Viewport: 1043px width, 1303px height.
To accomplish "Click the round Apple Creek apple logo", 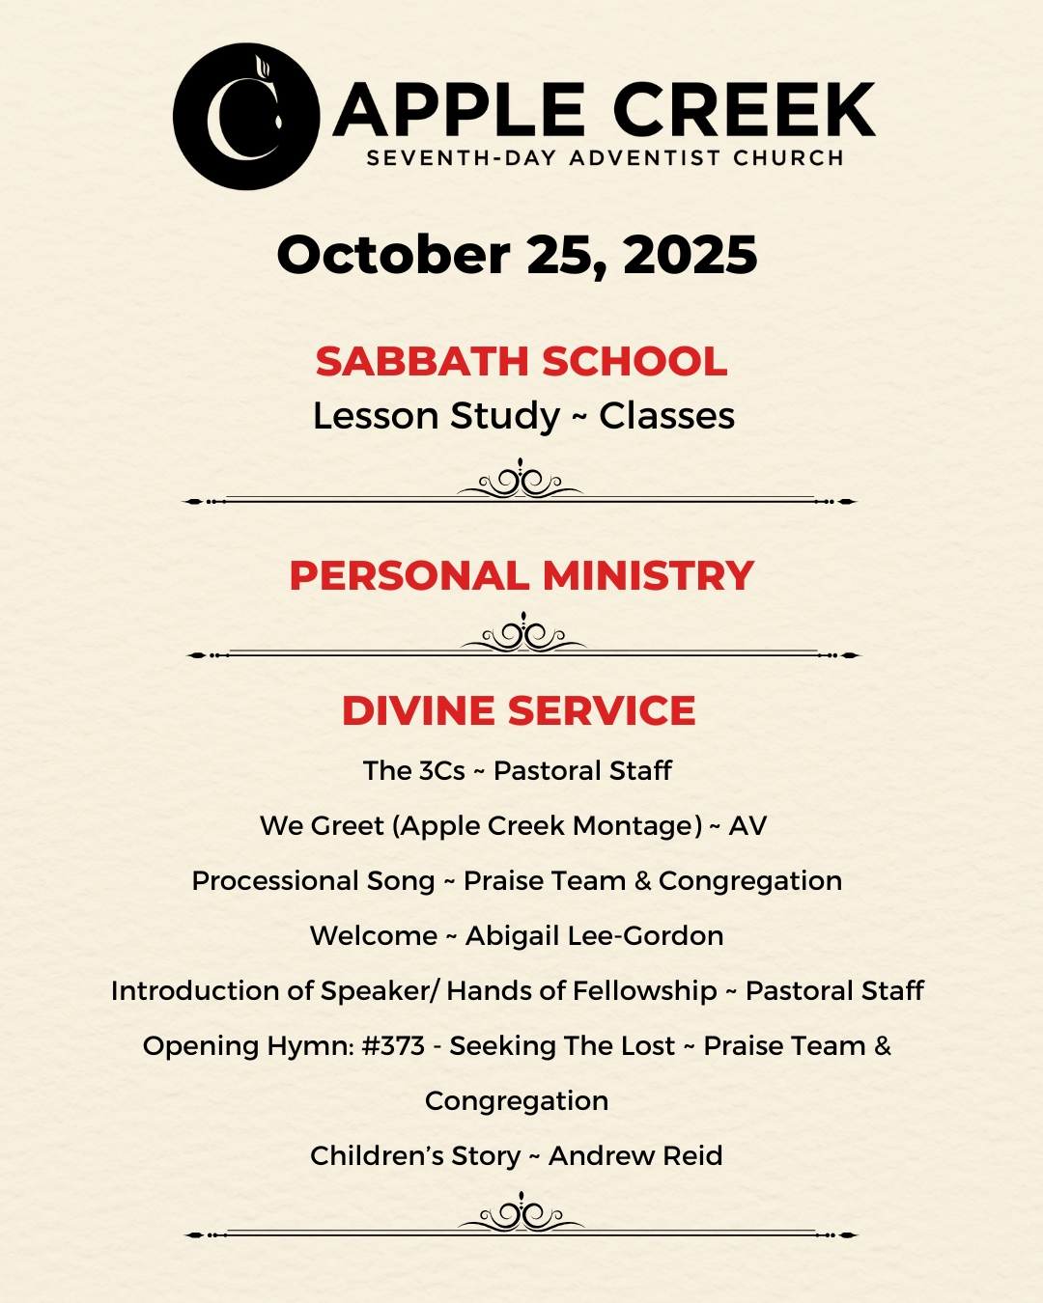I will click(246, 116).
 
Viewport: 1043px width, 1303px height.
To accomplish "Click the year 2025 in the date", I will click(691, 256).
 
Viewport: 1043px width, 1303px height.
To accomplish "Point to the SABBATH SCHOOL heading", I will click(521, 362).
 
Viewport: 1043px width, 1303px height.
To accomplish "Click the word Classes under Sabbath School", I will click(666, 416).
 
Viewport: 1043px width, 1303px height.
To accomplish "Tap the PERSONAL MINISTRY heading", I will click(521, 576).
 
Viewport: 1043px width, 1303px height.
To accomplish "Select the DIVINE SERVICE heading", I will click(519, 711).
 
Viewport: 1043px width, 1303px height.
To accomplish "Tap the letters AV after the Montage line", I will click(747, 826).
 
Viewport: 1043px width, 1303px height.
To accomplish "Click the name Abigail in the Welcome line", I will click(512, 936).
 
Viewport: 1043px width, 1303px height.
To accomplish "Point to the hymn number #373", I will click(393, 1046).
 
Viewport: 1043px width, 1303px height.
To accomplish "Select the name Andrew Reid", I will click(635, 1156).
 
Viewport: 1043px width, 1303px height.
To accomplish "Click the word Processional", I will click(261, 881).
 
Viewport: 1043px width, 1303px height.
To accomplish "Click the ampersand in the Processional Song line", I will click(643, 881).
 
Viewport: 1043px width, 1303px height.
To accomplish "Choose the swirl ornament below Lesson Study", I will click(521, 481).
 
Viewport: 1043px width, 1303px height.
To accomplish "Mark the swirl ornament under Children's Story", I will click(521, 1214).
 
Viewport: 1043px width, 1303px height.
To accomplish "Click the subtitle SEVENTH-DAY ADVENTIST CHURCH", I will click(606, 158).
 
